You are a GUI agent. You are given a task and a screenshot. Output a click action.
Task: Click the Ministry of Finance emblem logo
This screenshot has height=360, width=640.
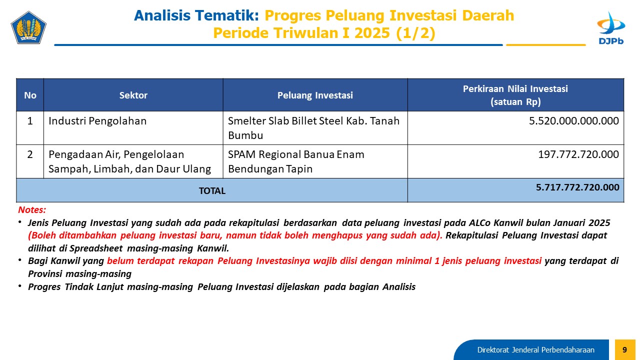point(28,27)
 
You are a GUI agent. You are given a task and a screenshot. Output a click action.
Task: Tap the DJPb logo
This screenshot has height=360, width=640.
point(611,28)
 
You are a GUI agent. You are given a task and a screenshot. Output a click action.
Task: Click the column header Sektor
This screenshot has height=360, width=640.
point(133,95)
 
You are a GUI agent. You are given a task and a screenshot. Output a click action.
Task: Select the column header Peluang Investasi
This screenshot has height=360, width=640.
point(315,95)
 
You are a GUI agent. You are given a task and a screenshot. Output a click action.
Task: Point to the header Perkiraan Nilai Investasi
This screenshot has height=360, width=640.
point(515,89)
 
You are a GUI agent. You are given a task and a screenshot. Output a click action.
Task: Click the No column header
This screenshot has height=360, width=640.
point(30,95)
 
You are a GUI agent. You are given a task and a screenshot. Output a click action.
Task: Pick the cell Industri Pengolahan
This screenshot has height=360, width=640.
point(97,121)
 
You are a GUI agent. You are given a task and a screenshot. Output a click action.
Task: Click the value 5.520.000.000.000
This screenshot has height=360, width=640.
point(573,121)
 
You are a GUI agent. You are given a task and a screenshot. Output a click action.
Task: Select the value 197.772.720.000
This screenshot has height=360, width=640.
point(578,154)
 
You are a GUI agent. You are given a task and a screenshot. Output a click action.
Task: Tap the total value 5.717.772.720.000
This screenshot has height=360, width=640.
point(577,187)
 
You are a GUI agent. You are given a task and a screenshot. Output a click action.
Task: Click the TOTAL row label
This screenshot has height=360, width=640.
point(212,191)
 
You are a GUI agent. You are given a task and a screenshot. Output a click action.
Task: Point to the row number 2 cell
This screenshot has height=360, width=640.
point(30,154)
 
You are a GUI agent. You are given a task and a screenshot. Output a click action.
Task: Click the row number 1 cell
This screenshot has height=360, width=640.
point(30,121)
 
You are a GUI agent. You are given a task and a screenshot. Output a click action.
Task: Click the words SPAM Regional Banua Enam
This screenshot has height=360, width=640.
point(296,154)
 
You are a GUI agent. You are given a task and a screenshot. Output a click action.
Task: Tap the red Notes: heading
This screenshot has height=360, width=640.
point(32,209)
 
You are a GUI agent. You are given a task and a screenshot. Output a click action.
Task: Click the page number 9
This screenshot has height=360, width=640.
point(624,349)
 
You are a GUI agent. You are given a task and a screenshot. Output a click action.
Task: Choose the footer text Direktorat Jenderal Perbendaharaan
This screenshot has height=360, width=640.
point(535,349)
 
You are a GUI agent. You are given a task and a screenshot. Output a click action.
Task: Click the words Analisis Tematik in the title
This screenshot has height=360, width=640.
point(196,15)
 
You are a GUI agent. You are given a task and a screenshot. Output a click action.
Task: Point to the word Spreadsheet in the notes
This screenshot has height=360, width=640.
point(96,248)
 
